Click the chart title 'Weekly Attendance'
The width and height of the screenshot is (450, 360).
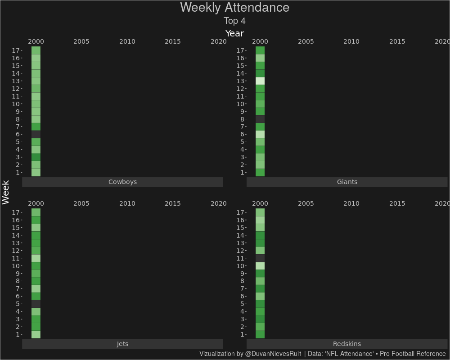click(x=234, y=8)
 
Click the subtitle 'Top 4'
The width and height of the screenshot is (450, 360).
click(x=234, y=21)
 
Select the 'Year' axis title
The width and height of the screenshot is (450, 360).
click(x=234, y=33)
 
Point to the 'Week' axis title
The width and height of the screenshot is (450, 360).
click(x=6, y=192)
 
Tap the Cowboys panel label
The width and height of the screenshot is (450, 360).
click(x=122, y=182)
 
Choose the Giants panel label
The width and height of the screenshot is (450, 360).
click(x=347, y=182)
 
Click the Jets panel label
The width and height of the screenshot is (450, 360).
click(x=122, y=344)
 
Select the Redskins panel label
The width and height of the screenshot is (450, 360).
click(x=347, y=344)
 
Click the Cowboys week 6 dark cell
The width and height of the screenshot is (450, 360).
click(x=36, y=134)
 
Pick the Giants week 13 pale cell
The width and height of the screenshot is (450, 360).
click(x=260, y=81)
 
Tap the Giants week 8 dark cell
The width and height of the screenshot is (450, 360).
click(x=260, y=119)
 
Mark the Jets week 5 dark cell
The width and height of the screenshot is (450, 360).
click(x=36, y=304)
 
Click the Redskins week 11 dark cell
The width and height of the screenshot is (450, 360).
click(x=260, y=258)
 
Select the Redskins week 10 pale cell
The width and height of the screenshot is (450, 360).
click(x=260, y=266)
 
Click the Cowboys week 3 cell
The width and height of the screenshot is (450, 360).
click(x=36, y=157)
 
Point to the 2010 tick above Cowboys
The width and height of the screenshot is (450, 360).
click(x=127, y=41)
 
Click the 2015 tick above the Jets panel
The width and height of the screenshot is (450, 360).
click(x=173, y=203)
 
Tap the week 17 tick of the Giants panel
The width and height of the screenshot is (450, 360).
click(x=241, y=50)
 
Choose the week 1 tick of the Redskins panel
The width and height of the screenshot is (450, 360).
click(x=242, y=334)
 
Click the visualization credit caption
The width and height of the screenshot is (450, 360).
click(x=322, y=354)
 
